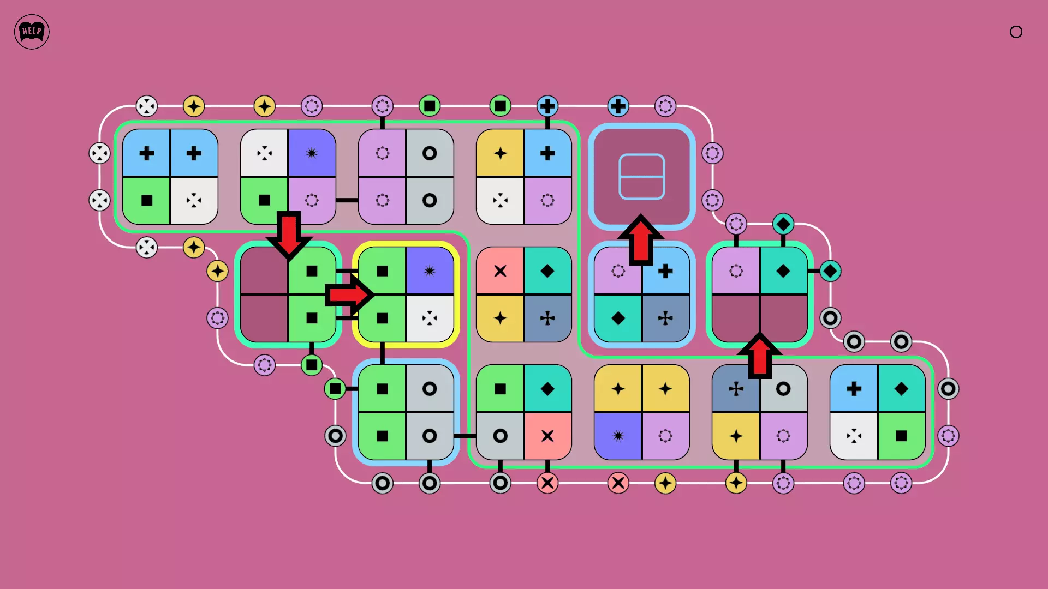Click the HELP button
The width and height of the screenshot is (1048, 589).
click(32, 32)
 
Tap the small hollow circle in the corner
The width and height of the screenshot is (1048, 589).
click(1016, 32)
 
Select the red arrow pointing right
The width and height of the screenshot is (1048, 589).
click(349, 295)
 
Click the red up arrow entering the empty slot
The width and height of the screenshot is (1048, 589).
click(641, 240)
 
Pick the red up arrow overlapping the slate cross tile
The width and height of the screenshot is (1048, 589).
click(759, 356)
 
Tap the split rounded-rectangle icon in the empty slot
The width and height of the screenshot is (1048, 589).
click(641, 177)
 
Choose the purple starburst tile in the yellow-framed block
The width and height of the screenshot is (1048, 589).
click(430, 271)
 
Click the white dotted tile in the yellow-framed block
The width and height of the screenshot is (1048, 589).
click(430, 318)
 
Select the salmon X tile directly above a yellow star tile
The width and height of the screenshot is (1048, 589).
click(500, 271)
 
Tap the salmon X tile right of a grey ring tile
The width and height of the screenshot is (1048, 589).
click(547, 436)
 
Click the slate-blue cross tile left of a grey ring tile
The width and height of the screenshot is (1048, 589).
click(736, 389)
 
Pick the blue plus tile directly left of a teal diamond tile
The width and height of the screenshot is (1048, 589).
click(854, 389)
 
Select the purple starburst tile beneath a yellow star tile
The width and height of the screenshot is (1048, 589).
click(618, 436)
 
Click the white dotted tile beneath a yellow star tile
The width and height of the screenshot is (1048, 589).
click(500, 200)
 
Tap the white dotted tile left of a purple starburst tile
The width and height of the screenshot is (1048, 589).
click(264, 153)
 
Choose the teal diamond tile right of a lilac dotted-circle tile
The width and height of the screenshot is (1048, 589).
click(783, 271)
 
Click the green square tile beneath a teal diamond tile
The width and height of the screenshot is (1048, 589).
click(901, 436)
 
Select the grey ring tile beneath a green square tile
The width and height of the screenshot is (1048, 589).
click(500, 436)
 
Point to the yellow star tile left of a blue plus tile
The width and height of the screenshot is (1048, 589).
click(500, 153)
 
